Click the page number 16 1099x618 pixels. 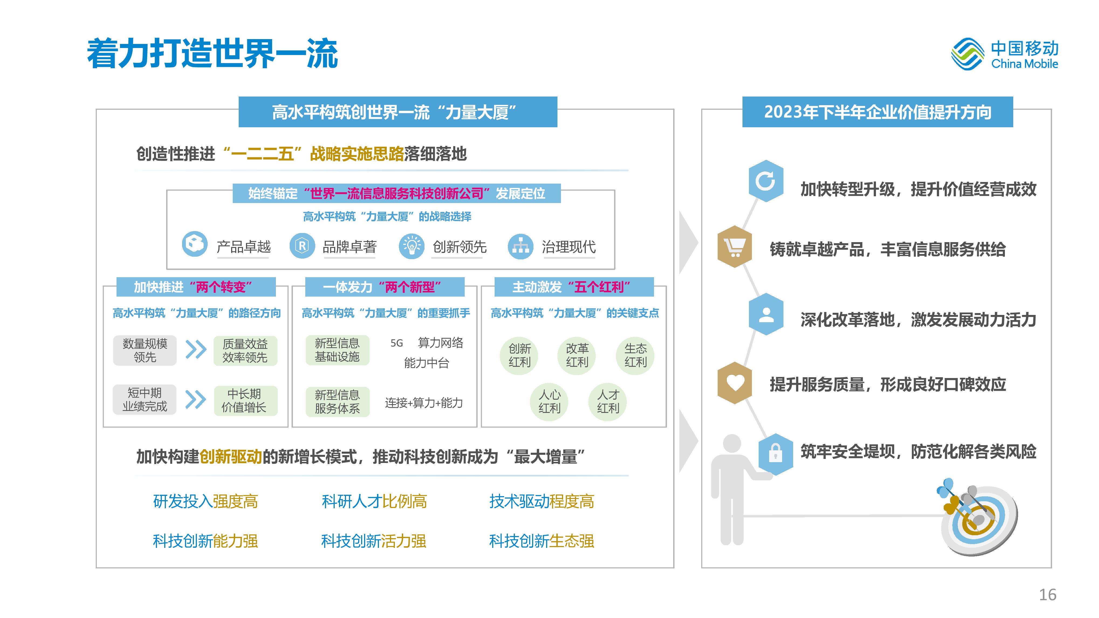1048,595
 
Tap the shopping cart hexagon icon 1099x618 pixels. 735,246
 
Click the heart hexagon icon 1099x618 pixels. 735,383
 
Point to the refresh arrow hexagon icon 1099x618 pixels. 766,181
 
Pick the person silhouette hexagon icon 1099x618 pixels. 766,314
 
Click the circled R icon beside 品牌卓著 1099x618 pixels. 302,246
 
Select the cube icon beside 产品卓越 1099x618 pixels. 194,244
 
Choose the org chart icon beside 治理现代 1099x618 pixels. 521,246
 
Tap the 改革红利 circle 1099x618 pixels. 577,356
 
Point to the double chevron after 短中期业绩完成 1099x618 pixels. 196,400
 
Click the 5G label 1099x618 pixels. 397,343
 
